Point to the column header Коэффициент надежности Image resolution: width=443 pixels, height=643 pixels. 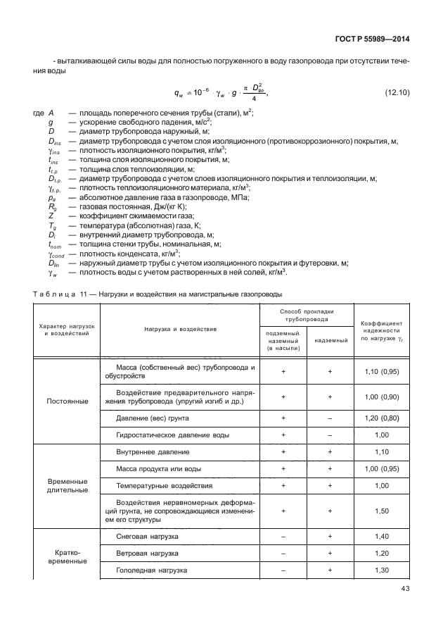tap(383, 329)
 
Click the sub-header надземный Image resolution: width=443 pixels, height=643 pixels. tap(329, 340)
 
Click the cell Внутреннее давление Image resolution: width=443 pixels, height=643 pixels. tap(153, 451)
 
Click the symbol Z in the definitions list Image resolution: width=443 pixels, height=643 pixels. tap(51, 216)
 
